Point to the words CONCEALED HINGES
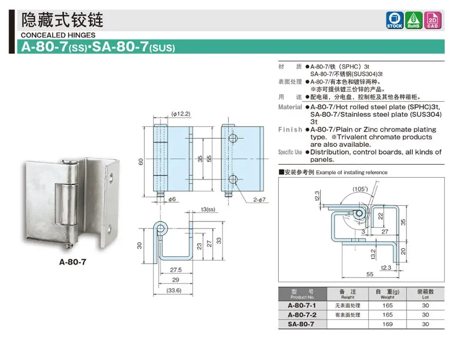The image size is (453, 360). (x=58, y=35)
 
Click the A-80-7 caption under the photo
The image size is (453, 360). (x=73, y=262)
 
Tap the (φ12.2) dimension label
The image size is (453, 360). (x=181, y=114)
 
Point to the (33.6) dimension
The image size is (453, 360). (x=173, y=291)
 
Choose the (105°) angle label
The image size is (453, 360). (x=361, y=188)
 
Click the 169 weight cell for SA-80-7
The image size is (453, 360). (x=387, y=324)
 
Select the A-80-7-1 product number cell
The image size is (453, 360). (x=302, y=306)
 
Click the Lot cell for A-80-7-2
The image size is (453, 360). (x=425, y=315)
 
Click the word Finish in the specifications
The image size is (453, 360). (x=290, y=130)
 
